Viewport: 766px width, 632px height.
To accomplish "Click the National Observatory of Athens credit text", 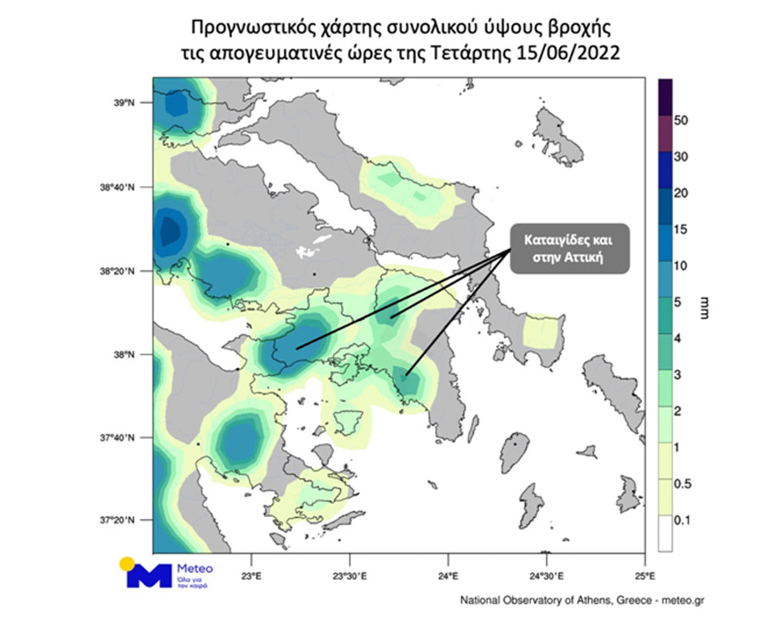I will (x=582, y=599).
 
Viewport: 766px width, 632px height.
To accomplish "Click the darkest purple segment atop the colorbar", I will (x=665, y=97).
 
